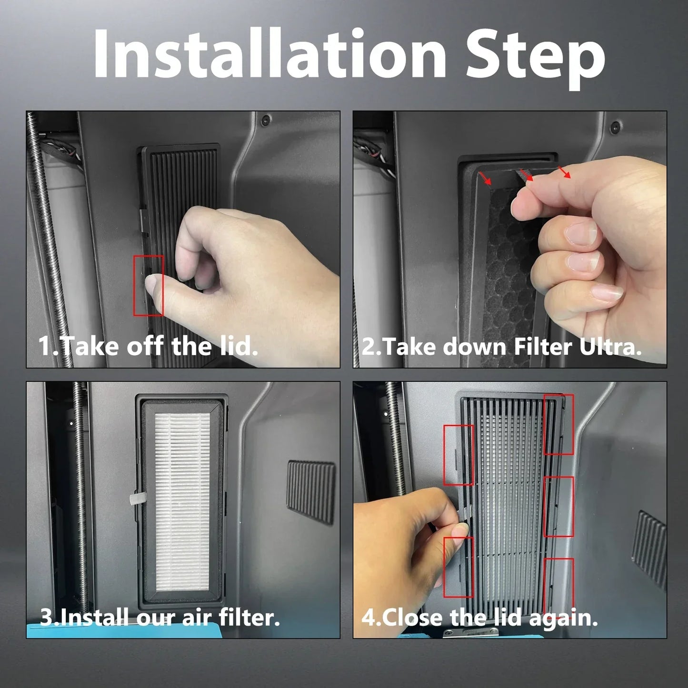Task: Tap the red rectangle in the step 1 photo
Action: pyautogui.click(x=149, y=285)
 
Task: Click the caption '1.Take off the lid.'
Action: pyautogui.click(x=148, y=346)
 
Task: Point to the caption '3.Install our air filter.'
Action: pyautogui.click(x=160, y=618)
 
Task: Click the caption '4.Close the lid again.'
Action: pyautogui.click(x=479, y=618)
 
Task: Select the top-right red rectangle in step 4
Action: pyautogui.click(x=558, y=424)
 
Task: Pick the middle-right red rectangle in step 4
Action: pyautogui.click(x=558, y=507)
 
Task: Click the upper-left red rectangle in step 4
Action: pyautogui.click(x=459, y=455)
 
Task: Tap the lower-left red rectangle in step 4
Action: pyautogui.click(x=459, y=567)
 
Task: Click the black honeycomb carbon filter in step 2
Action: pyautogui.click(x=500, y=267)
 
